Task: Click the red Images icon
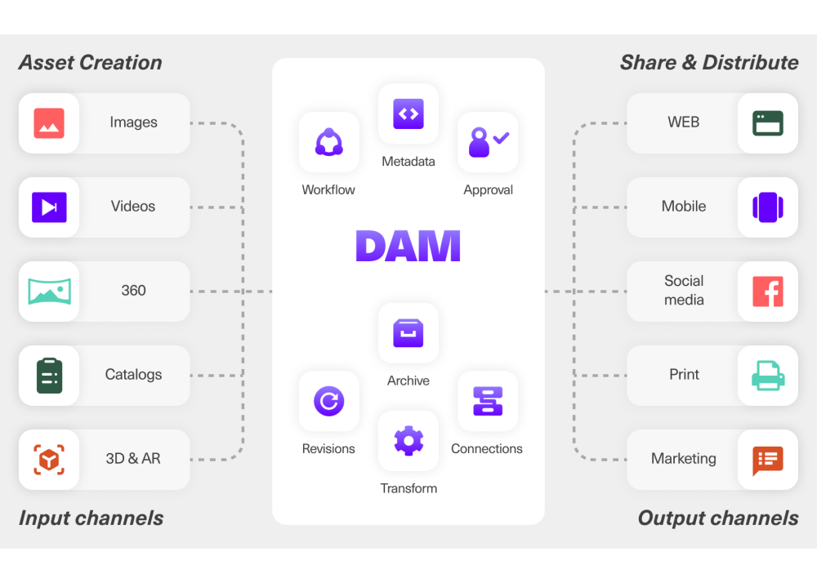pyautogui.click(x=49, y=123)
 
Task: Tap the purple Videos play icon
pyautogui.click(x=49, y=207)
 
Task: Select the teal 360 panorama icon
pyautogui.click(x=49, y=291)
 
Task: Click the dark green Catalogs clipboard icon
pyautogui.click(x=49, y=376)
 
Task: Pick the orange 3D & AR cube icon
pyautogui.click(x=49, y=460)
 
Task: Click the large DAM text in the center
pyautogui.click(x=408, y=246)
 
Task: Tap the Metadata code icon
pyautogui.click(x=408, y=114)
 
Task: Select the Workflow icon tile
pyautogui.click(x=328, y=143)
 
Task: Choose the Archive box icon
pyautogui.click(x=408, y=333)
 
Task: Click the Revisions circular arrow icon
pyautogui.click(x=328, y=401)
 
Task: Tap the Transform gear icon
pyautogui.click(x=408, y=441)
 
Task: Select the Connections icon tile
pyautogui.click(x=488, y=401)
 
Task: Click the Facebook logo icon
pyautogui.click(x=767, y=291)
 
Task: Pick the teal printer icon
pyautogui.click(x=767, y=376)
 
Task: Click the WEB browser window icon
pyautogui.click(x=767, y=123)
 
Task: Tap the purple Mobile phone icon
pyautogui.click(x=767, y=207)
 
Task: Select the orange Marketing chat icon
pyautogui.click(x=767, y=461)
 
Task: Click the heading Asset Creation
pyautogui.click(x=91, y=63)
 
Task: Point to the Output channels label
pyautogui.click(x=717, y=518)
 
